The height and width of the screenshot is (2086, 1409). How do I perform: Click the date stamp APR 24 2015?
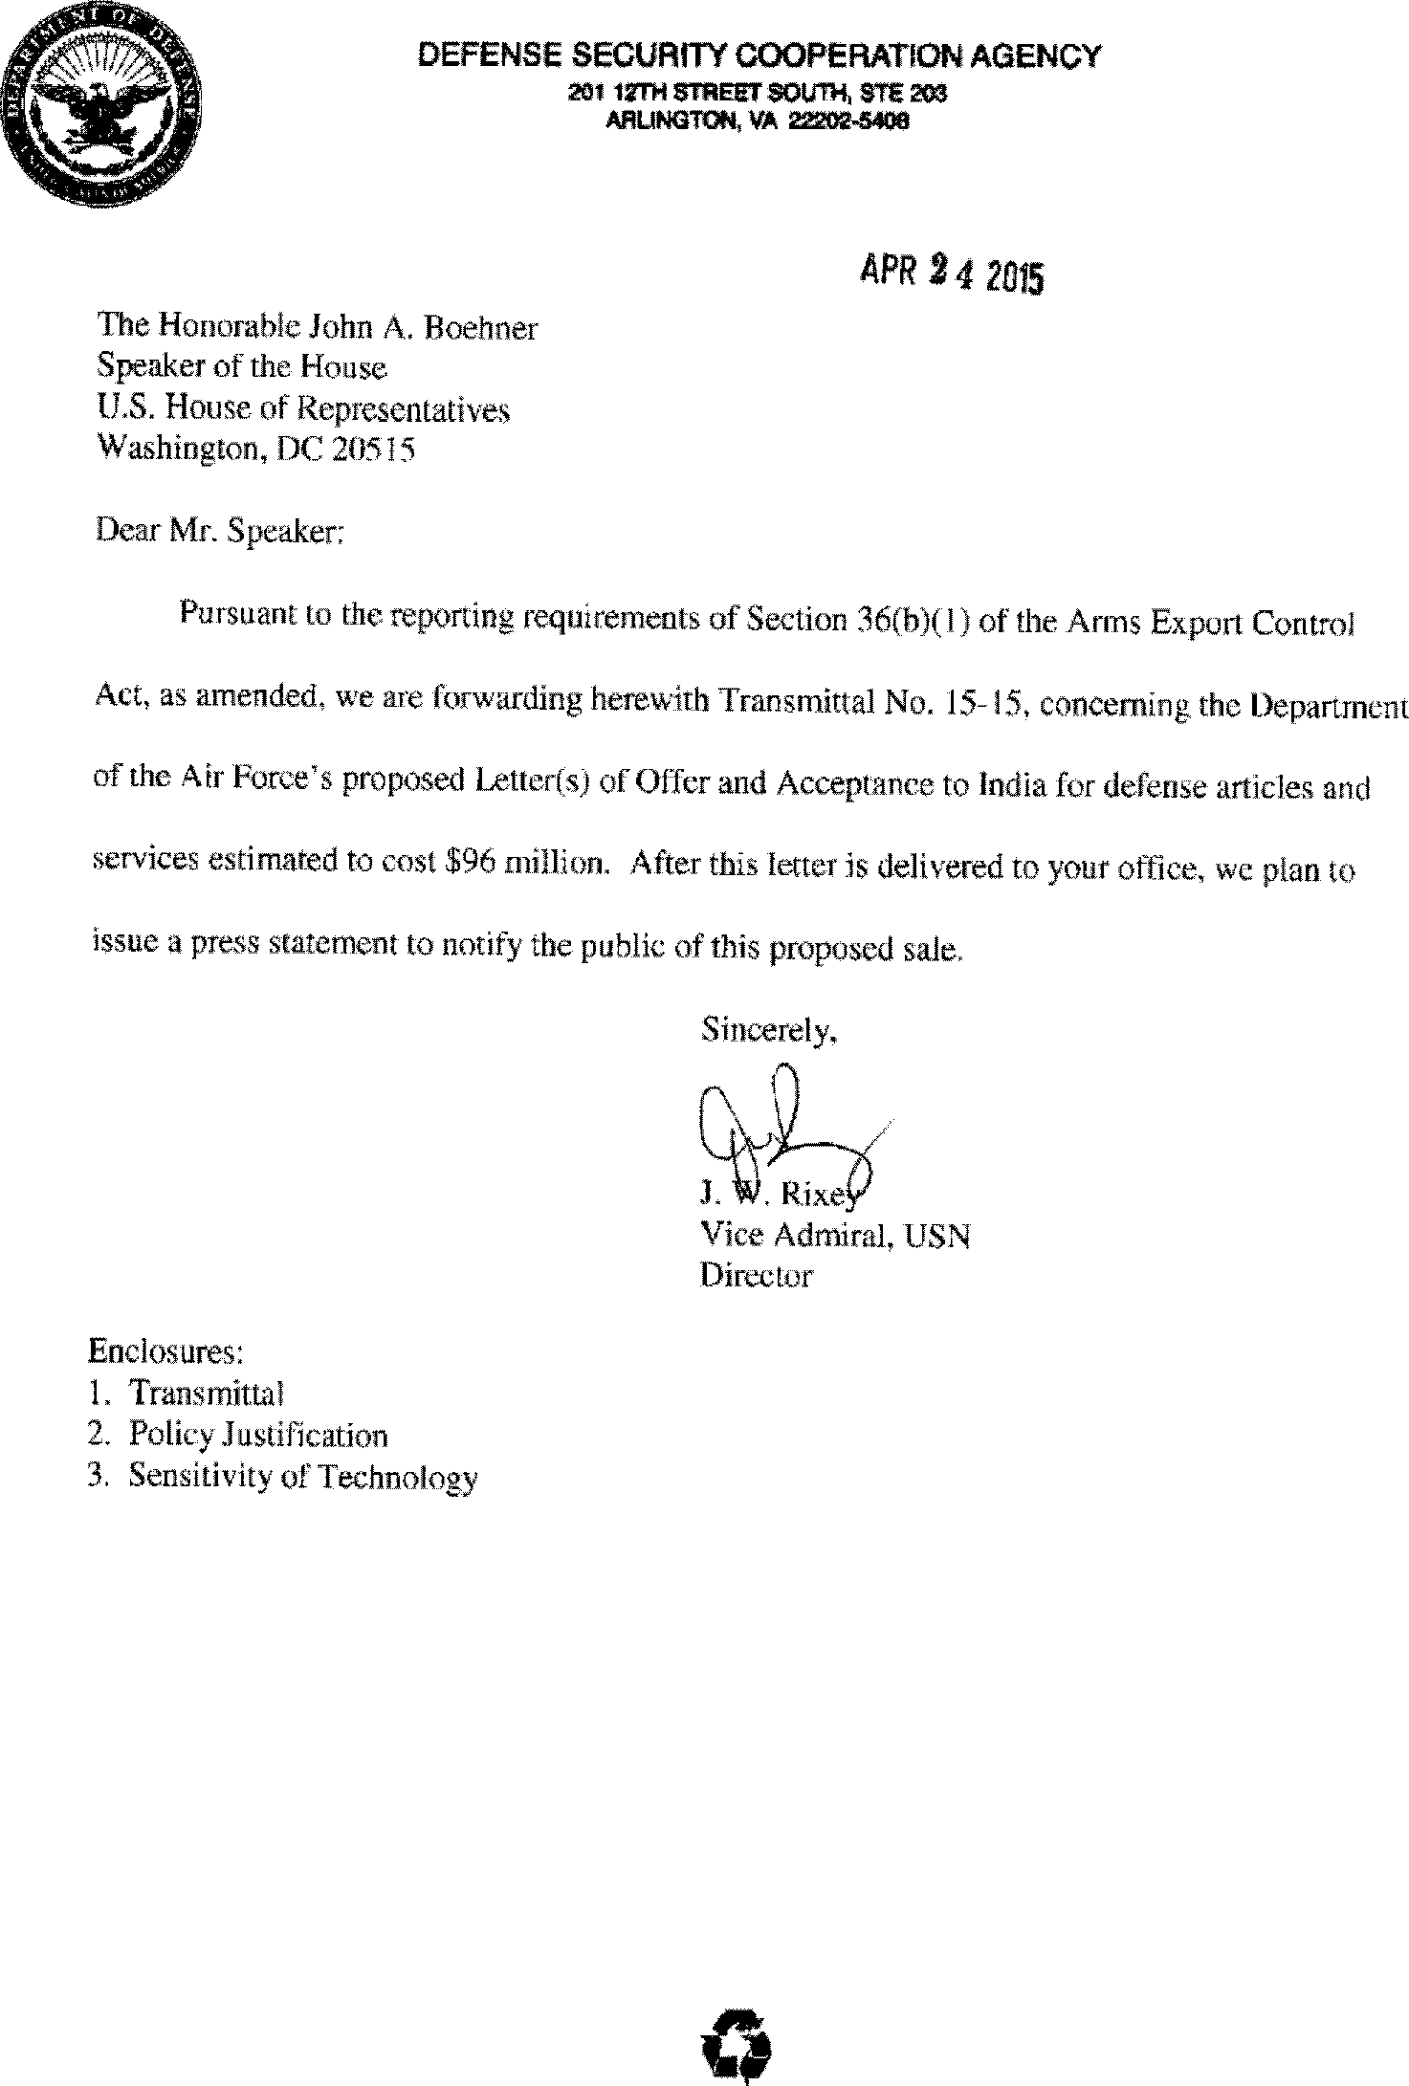pos(951,275)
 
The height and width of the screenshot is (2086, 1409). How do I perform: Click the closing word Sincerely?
pos(769,1029)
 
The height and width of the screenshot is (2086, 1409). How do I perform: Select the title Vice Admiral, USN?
pos(835,1236)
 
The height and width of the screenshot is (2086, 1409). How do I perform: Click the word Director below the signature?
pos(756,1276)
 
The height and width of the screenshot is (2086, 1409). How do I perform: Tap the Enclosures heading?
pos(165,1350)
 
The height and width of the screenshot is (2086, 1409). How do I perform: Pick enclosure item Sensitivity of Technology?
pos(302,1478)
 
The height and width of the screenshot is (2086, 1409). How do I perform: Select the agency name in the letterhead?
pos(759,56)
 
